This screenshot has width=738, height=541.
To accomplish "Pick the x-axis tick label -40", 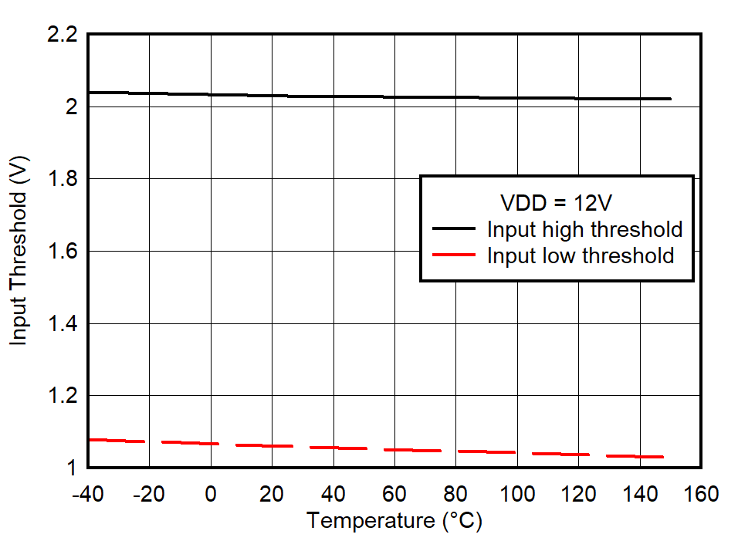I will (87, 494).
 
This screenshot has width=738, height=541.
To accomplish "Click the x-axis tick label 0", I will (210, 494).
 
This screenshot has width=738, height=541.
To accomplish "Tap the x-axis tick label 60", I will (394, 494).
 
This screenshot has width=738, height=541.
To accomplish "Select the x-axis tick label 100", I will (517, 494).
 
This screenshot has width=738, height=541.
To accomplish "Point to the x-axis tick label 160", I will (701, 494).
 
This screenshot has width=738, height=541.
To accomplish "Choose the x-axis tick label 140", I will (640, 494).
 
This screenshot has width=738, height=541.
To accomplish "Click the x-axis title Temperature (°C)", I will (394, 521).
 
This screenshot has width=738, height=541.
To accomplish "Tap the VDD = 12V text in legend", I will (556, 204).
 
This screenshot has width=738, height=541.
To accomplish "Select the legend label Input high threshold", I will (584, 229).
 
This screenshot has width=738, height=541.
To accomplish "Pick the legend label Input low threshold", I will (581, 255).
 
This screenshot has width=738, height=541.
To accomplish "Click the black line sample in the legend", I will (453, 229).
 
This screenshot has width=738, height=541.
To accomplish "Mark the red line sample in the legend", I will (453, 255).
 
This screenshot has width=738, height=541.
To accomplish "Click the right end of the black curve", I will (670, 99).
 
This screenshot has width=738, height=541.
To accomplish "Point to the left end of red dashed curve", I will (90, 440).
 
